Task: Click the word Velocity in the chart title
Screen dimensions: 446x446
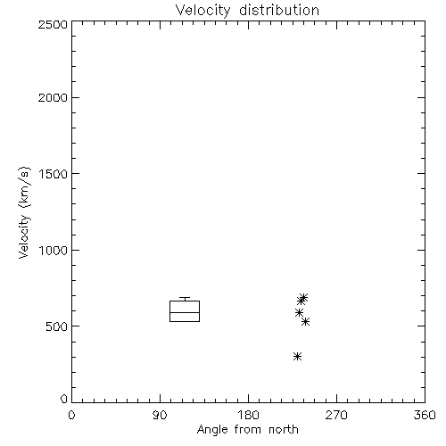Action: coord(203,11)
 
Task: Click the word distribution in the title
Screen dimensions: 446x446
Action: coord(279,10)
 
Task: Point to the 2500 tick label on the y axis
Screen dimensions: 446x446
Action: coord(53,24)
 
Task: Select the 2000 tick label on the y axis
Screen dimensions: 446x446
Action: coord(53,97)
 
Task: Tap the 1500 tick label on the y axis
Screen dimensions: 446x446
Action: coord(54,174)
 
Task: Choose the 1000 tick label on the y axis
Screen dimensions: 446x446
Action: coord(54,251)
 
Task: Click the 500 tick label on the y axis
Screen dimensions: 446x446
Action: coord(57,326)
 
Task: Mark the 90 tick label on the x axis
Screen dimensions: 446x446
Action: coord(160,415)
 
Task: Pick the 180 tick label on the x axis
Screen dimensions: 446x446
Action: coord(248,415)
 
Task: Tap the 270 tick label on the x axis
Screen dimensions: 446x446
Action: coord(336,415)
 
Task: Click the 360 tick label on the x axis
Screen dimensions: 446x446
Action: coord(425,415)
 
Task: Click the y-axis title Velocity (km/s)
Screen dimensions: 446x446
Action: coord(24,212)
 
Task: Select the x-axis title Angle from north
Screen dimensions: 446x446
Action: coord(248,430)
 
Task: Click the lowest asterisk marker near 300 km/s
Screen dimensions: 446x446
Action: coord(297,356)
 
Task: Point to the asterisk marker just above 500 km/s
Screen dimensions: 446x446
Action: coord(305,321)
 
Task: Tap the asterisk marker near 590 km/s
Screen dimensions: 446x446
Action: coord(299,312)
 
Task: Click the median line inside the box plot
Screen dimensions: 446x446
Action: coord(185,312)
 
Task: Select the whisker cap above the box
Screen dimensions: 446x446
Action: coord(185,297)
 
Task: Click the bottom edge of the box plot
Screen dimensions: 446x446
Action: coord(185,321)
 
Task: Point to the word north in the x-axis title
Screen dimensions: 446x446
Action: coord(284,429)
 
